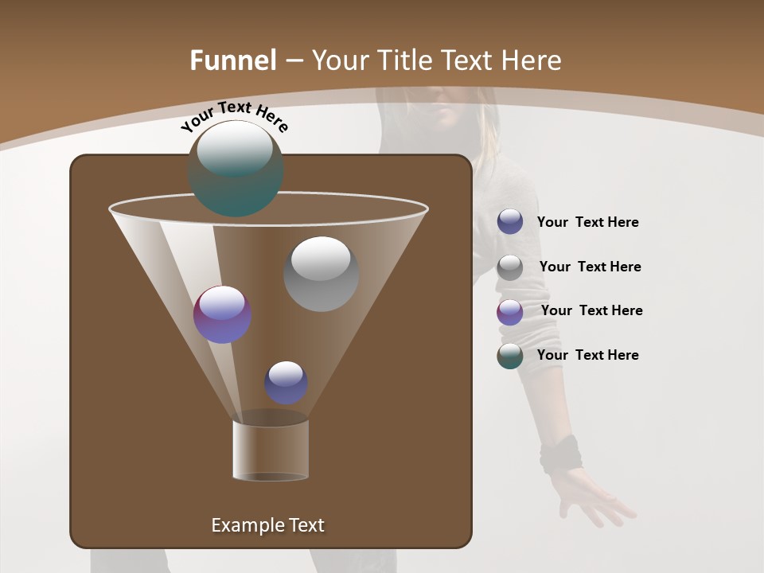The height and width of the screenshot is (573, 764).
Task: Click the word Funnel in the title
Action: (233, 60)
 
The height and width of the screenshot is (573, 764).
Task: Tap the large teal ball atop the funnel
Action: (235, 168)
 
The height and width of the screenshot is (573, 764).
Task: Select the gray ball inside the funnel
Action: (321, 273)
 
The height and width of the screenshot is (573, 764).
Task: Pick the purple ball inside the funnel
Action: (223, 314)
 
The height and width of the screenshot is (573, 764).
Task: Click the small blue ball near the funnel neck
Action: (286, 382)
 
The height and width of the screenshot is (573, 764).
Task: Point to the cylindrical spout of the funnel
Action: (271, 449)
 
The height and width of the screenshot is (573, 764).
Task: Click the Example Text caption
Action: (267, 525)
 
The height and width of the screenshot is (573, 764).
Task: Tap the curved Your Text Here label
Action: (235, 116)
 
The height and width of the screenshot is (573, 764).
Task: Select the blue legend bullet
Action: (510, 222)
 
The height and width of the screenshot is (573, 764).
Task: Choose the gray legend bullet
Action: (510, 267)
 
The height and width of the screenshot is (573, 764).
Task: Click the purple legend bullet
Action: (510, 312)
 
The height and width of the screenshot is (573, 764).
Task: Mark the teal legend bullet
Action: (510, 356)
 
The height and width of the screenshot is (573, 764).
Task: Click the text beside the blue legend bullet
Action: (587, 223)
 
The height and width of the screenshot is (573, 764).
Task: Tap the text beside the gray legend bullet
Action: (590, 267)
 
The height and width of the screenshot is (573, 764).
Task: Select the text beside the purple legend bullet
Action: (591, 311)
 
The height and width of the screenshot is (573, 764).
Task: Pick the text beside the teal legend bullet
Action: (587, 356)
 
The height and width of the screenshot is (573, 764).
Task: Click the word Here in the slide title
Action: (528, 60)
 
